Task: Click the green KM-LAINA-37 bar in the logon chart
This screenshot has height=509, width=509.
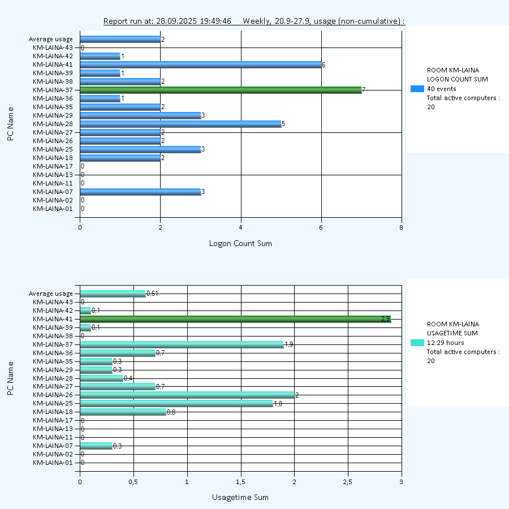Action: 221,90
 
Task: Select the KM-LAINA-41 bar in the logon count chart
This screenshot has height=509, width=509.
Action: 201,64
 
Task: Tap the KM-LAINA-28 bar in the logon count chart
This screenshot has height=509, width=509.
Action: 181,124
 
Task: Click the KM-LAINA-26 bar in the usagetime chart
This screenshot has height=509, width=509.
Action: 187,395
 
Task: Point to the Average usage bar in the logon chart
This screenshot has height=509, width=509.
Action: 120,39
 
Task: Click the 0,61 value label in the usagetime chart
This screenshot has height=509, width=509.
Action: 152,294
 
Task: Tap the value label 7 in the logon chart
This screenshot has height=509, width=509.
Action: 364,90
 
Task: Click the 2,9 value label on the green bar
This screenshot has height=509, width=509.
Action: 386,319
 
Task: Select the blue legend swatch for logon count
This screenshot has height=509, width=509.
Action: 417,89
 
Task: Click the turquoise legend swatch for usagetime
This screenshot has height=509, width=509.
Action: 417,343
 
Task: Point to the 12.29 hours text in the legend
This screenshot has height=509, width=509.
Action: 446,343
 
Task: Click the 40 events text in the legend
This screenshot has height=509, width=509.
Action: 442,89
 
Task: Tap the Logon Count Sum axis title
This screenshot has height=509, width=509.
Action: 240,244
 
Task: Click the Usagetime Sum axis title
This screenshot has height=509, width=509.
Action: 240,498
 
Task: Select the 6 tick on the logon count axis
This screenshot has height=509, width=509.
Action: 321,227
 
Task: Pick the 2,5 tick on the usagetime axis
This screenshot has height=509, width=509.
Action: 348,482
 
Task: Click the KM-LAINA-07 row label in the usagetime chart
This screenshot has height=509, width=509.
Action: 53,446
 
